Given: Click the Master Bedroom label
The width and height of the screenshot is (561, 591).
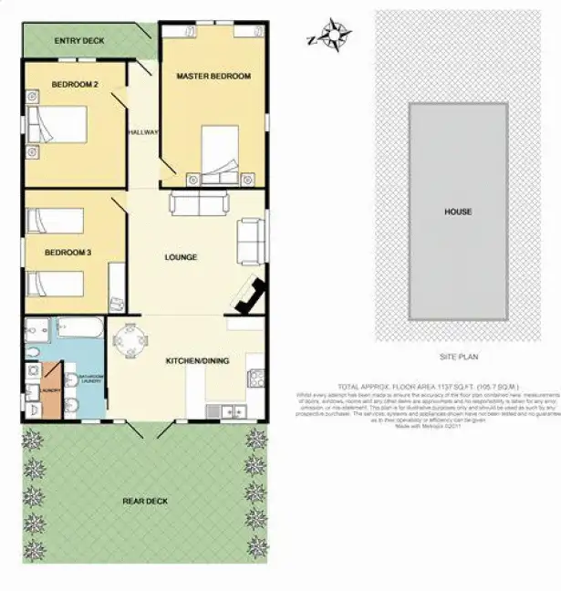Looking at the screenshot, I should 213,76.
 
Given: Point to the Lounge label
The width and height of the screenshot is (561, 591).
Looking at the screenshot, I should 181,257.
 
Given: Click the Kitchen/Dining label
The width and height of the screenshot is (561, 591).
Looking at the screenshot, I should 197,361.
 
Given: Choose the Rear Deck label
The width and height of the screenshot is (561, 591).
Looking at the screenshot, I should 146,501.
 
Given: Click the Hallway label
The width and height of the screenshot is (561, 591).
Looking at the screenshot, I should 144,132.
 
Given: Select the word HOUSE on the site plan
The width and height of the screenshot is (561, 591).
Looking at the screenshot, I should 458,212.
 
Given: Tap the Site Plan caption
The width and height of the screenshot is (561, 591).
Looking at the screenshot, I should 459,357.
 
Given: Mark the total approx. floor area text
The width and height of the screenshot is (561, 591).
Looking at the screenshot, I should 428,387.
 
